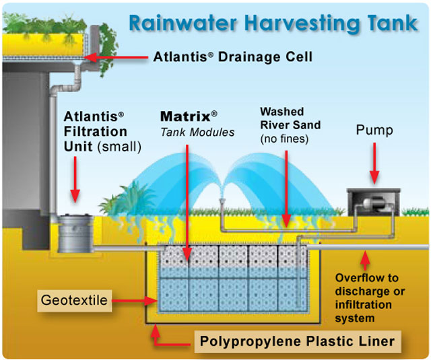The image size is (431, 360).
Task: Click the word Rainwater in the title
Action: click(x=183, y=23)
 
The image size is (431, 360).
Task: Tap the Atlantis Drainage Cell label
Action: click(x=233, y=57)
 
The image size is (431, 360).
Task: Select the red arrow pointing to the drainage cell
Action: click(x=116, y=57)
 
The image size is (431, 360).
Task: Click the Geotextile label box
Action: click(x=75, y=300)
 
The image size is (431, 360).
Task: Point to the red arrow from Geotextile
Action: click(x=135, y=301)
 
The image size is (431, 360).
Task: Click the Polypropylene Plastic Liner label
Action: click(x=298, y=342)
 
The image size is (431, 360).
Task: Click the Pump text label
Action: click(x=374, y=130)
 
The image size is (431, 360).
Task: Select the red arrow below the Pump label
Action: click(x=374, y=163)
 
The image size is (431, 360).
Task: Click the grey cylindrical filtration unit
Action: click(x=75, y=233)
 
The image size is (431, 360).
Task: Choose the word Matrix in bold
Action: click(x=186, y=116)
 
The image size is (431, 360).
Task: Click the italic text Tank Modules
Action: click(x=197, y=133)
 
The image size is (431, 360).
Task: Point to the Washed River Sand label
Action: click(x=290, y=125)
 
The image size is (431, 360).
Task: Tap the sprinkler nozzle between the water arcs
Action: click(x=222, y=201)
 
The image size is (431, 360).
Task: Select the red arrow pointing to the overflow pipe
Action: click(x=365, y=260)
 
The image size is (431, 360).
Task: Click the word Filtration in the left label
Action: click(x=96, y=131)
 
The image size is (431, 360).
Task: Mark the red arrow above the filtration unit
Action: click(x=75, y=180)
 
